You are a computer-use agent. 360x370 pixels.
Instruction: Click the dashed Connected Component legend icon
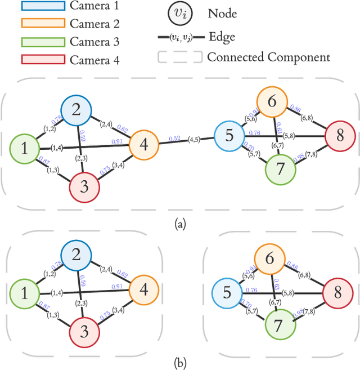[180, 57]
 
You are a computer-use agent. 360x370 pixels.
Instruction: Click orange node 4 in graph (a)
[145, 145]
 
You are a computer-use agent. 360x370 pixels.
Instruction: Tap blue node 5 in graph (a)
[229, 136]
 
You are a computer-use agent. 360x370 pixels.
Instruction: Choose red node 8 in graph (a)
[340, 136]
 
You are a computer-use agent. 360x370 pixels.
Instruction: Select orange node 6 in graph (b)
[271, 260]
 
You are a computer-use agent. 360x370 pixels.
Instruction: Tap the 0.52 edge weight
[174, 139]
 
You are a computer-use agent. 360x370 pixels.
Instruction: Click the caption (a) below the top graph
[180, 224]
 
